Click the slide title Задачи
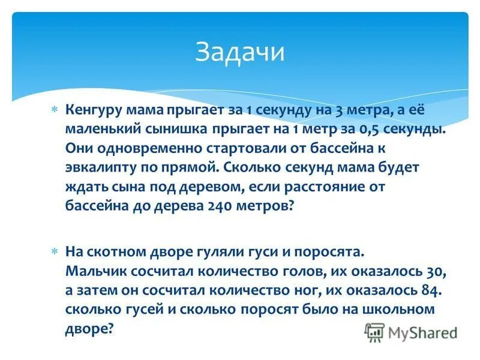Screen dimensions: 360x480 239,52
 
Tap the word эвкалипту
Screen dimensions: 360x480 99,167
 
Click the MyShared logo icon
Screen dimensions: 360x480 375,331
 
